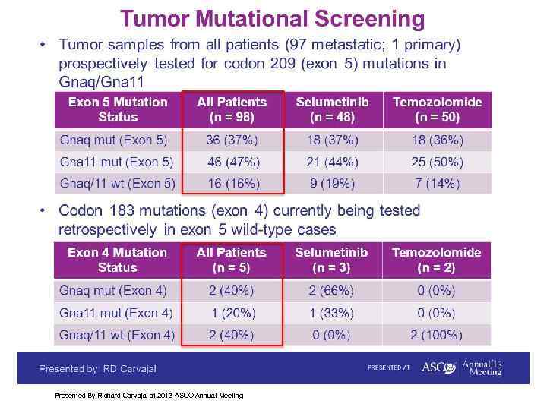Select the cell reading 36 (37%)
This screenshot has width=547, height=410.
pos(232,140)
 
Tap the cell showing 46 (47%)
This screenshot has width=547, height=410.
pos(232,162)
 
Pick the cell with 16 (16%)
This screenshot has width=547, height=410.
pos(232,184)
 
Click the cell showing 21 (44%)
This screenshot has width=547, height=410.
pos(331,162)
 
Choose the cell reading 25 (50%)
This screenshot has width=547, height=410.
pos(437,162)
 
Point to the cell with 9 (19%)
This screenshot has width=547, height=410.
pos(331,184)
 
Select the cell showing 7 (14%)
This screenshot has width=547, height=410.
pos(437,184)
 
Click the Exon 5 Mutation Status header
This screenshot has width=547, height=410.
pos(118,109)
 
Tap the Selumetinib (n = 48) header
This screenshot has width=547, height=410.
pos(331,109)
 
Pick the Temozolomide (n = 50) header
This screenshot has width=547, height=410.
pos(437,109)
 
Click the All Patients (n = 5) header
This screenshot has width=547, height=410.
pos(232,260)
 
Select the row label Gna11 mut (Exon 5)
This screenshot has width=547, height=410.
pos(116,162)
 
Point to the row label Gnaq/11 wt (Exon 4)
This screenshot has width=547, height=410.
pos(116,335)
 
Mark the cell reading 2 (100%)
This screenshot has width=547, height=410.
pos(437,335)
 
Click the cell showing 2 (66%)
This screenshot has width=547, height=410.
pos(331,291)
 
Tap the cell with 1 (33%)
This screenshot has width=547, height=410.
pos(331,313)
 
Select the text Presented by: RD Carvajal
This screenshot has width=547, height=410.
pos(99,368)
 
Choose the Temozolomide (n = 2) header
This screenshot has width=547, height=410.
pos(437,260)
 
